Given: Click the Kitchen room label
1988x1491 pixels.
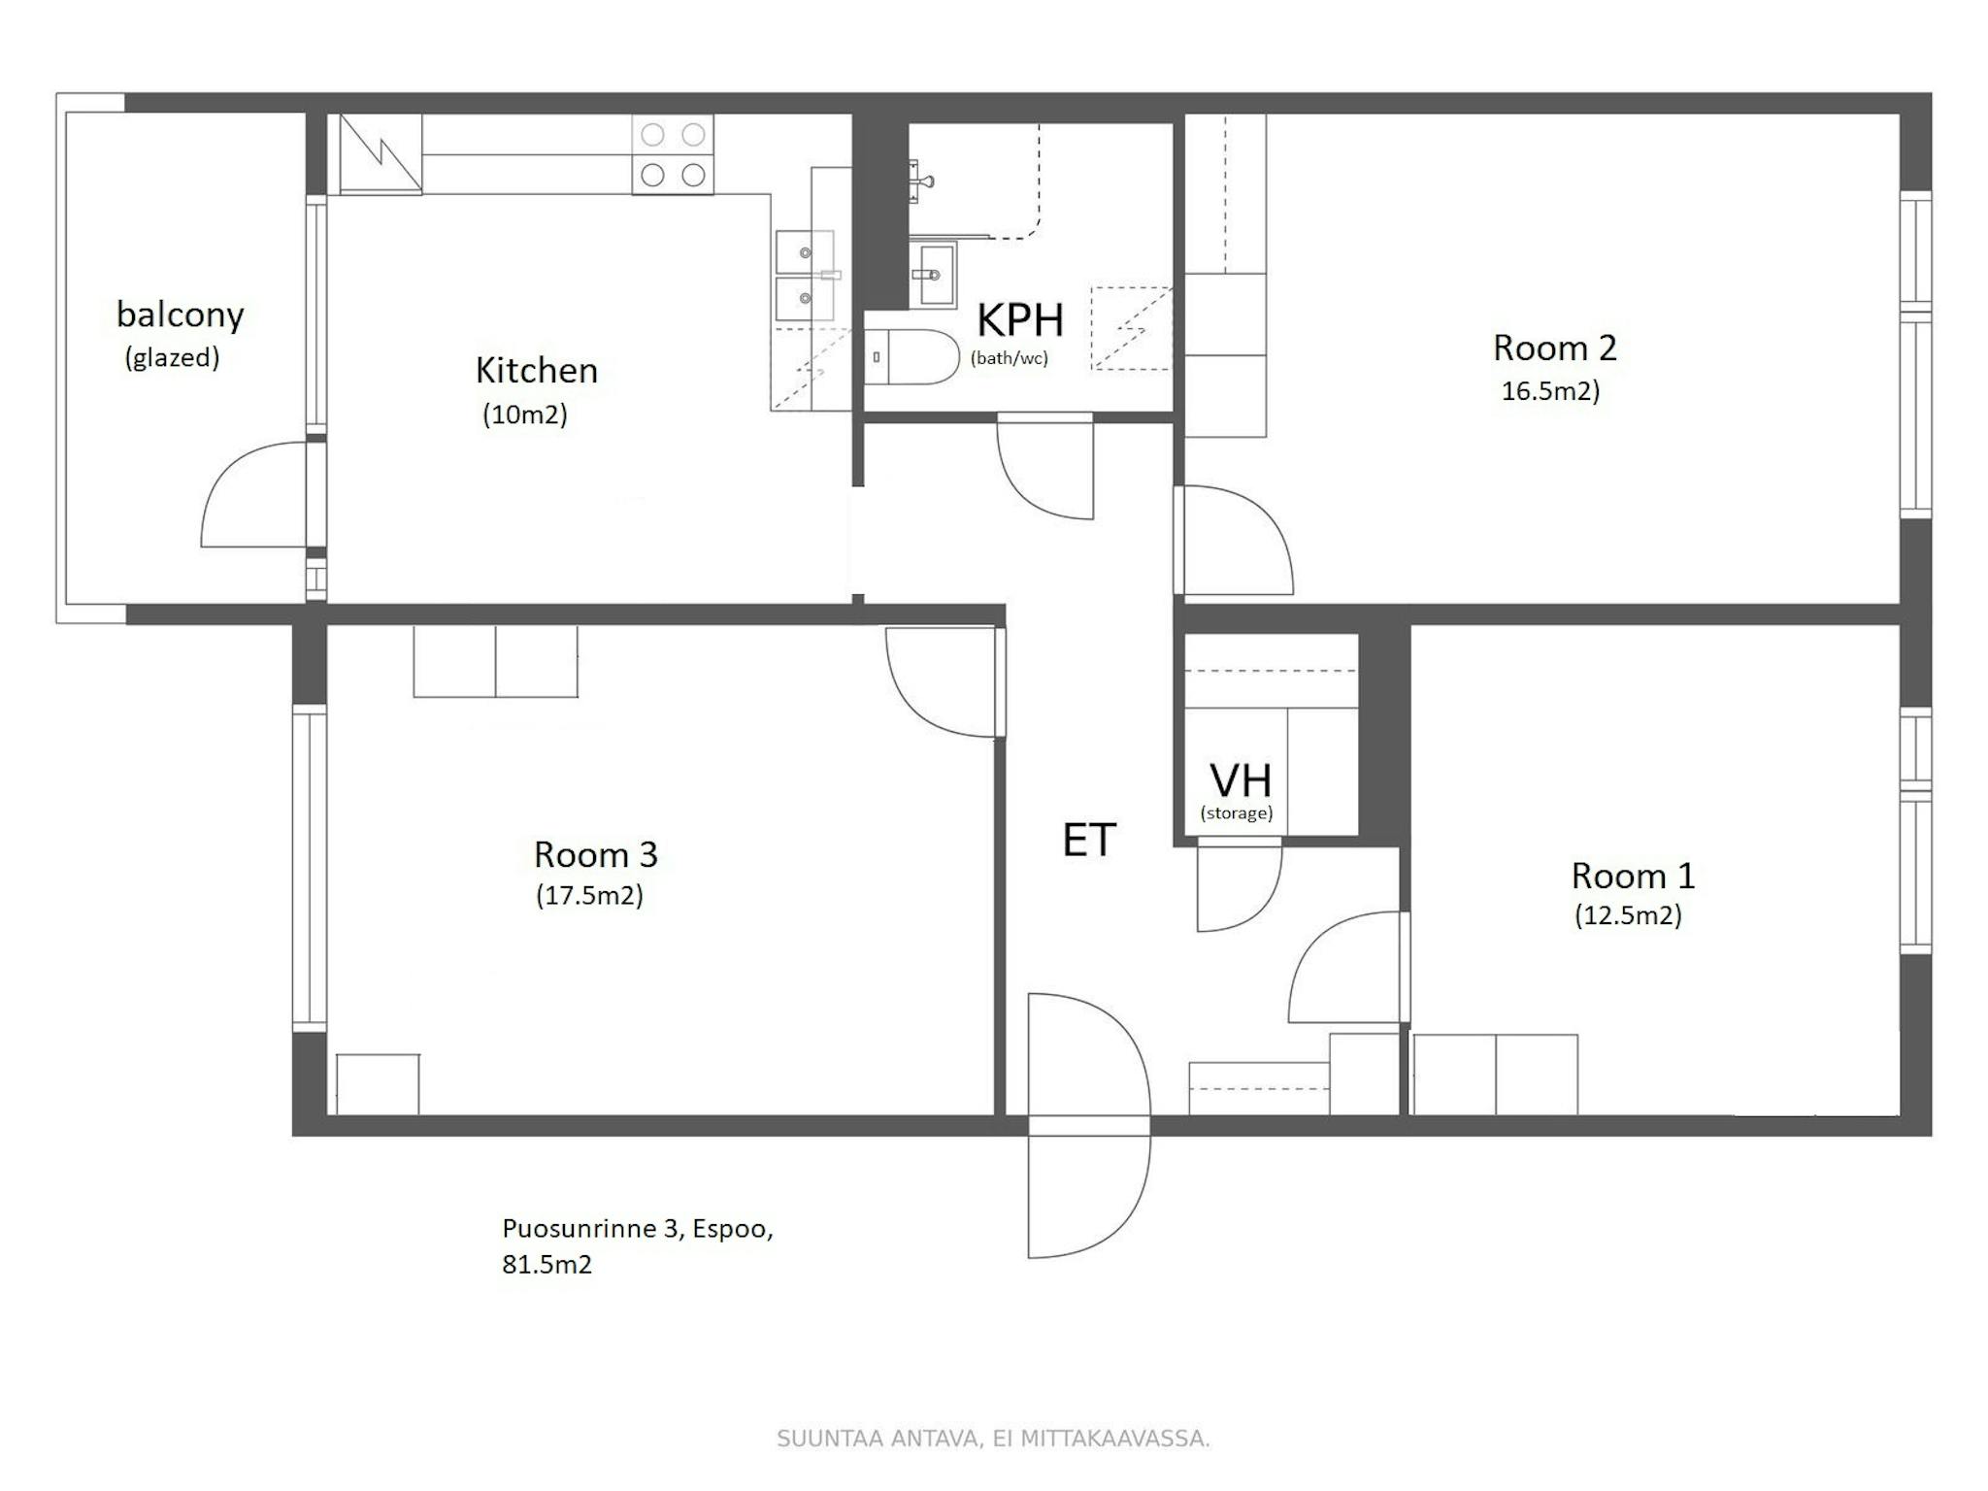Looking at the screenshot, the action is (536, 370).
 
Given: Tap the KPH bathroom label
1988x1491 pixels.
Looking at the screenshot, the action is (1019, 319).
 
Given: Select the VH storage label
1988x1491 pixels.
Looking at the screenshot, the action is (1240, 779).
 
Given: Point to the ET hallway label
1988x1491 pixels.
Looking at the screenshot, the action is (1089, 840).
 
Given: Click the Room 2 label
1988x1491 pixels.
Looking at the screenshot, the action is (1554, 348).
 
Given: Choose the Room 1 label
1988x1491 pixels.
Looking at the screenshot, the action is (1633, 876).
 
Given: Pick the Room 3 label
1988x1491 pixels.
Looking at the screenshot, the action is (596, 854).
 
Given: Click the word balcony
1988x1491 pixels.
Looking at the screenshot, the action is (180, 315).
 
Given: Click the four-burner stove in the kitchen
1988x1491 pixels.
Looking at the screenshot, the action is (673, 154).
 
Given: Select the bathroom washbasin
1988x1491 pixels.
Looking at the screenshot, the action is (932, 275).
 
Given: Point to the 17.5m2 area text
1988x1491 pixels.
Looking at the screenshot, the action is (589, 895).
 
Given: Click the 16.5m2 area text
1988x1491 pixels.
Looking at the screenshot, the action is (1550, 390).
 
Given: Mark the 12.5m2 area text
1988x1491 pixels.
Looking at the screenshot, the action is (1628, 915).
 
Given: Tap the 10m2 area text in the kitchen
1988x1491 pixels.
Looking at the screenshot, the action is (525, 414).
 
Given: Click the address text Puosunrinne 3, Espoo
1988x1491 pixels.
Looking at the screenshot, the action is (638, 1229).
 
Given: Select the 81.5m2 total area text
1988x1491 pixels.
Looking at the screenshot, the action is (547, 1264).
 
